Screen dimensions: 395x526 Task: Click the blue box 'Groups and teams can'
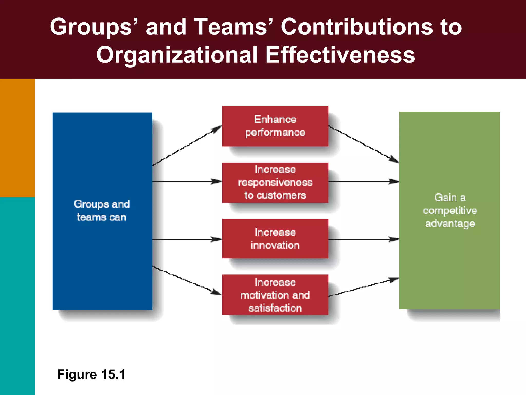[102, 211]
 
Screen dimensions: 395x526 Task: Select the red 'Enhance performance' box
[275, 126]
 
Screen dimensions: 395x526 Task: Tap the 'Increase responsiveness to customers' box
[275, 182]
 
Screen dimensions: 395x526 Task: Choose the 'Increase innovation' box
[275, 238]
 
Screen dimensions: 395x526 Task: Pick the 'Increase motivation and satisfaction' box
[275, 295]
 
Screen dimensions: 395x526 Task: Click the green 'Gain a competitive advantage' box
[449, 210]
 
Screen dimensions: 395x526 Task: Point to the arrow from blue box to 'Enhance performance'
[187, 146]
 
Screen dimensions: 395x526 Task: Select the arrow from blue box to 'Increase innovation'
[187, 239]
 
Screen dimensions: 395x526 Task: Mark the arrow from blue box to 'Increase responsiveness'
[187, 182]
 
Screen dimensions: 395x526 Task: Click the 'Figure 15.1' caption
[91, 374]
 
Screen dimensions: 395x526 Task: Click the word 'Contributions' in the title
[357, 27]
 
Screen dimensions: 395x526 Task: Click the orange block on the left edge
[17, 138]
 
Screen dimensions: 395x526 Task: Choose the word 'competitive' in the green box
[450, 211]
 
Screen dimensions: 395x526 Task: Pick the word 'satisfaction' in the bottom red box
[275, 308]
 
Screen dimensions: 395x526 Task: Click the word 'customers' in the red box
[281, 195]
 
